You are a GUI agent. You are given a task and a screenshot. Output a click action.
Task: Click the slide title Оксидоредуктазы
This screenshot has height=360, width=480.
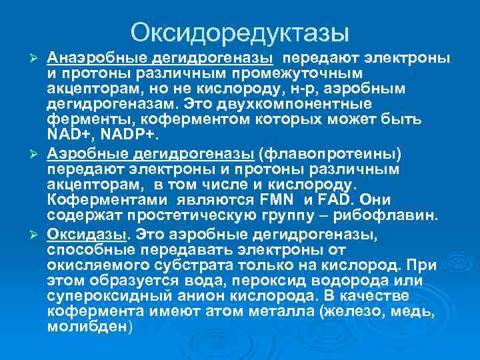(x=240, y=31)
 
